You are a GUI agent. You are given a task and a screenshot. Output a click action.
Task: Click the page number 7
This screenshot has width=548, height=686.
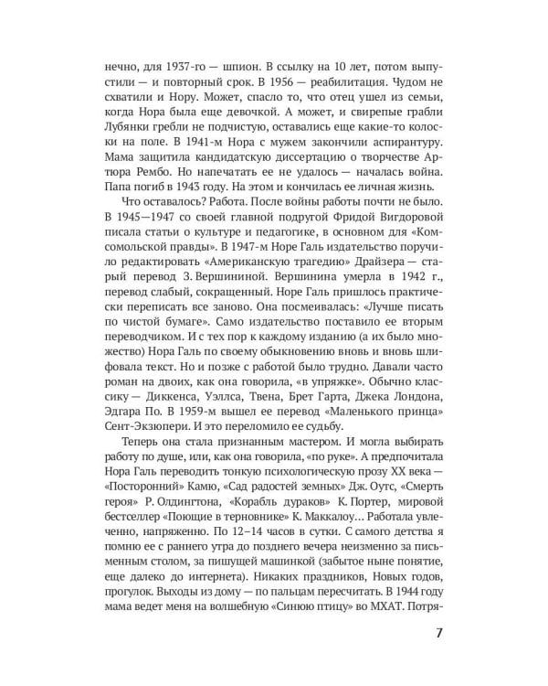440,633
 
